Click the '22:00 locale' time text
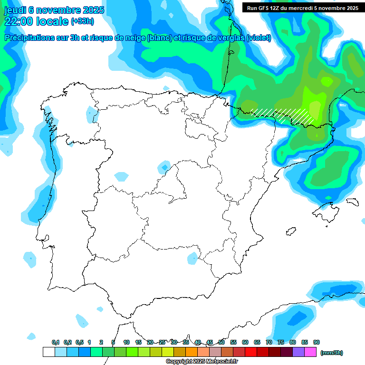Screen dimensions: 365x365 tap(36, 21)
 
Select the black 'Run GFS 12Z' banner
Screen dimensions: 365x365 tap(302, 8)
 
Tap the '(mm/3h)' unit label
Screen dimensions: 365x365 tap(332, 353)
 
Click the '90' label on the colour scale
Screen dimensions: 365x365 tap(317, 343)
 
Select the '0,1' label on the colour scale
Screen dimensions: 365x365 tap(55, 343)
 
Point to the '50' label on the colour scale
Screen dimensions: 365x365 tap(221, 343)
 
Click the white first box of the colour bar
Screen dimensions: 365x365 tap(48, 352)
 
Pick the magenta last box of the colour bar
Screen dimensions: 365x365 tap(310, 352)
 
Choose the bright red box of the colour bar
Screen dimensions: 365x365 tap(251, 352)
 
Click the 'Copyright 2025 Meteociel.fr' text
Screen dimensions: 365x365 tap(202, 362)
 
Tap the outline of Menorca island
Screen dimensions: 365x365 tap(352, 202)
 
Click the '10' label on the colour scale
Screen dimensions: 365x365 tap(126, 343)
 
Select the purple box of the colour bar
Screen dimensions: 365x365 tap(298, 352)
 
